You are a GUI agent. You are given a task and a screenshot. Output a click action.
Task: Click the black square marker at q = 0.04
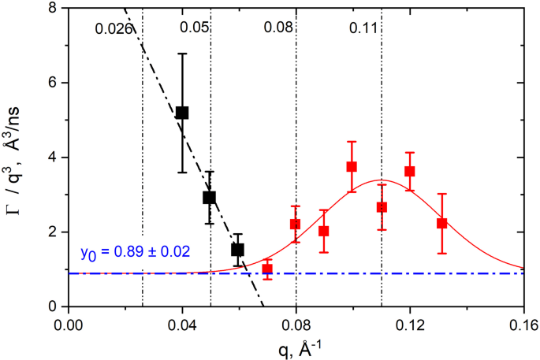tap(182, 113)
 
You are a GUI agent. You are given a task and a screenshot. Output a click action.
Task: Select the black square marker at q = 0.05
tap(210, 197)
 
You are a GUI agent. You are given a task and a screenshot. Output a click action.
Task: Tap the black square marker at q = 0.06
tap(237, 250)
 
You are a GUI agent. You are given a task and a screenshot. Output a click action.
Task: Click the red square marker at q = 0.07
tap(267, 269)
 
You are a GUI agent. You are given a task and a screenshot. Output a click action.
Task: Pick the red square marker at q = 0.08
tap(296, 224)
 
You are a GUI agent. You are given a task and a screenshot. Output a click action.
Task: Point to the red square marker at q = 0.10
tap(352, 166)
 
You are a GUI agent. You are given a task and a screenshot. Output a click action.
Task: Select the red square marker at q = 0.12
tap(409, 171)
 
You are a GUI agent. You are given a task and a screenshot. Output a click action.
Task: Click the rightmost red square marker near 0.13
tap(442, 223)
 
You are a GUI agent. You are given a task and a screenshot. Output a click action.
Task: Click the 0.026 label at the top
tap(111, 29)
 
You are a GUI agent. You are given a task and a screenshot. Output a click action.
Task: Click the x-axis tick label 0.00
tap(69, 323)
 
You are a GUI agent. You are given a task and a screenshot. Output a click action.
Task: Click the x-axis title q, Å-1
tap(296, 347)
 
